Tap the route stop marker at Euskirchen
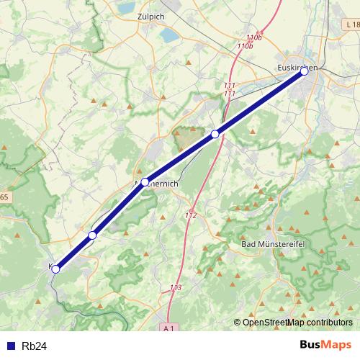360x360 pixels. click(x=305, y=71)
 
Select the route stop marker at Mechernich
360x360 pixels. click(x=145, y=182)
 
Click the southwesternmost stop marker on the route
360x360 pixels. click(x=55, y=269)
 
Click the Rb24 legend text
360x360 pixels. click(x=34, y=346)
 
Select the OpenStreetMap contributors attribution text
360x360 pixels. click(x=297, y=322)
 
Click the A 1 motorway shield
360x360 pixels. click(x=168, y=328)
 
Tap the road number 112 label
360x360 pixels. click(x=191, y=215)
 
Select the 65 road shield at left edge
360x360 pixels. click(x=4, y=197)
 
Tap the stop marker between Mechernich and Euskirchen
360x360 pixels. click(x=215, y=135)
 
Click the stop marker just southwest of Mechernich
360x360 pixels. click(x=92, y=235)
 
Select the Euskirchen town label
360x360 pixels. click(x=297, y=67)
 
